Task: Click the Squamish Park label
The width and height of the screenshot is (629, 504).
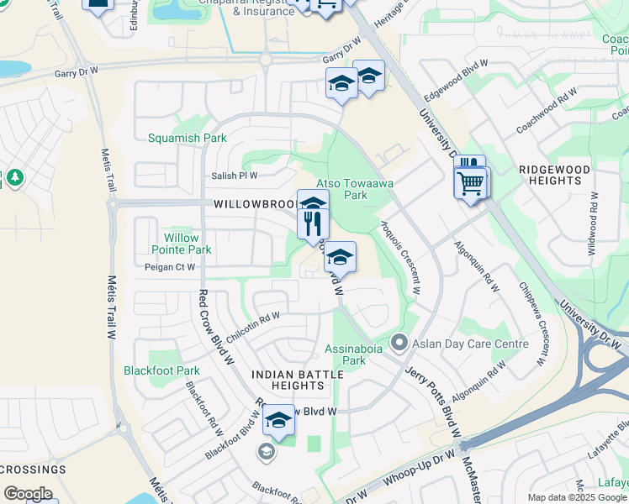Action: point(188,138)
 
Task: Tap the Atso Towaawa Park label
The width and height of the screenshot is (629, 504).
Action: point(341,189)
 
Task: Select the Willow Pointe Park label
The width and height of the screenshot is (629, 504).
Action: point(182,244)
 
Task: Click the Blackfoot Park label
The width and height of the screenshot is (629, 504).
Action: point(161,370)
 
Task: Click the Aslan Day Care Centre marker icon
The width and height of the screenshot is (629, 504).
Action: point(399,344)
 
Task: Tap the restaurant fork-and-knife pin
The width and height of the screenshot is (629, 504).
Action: point(310,223)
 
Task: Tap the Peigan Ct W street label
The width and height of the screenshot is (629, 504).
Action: point(170,267)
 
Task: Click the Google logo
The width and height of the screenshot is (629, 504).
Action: point(29,494)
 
